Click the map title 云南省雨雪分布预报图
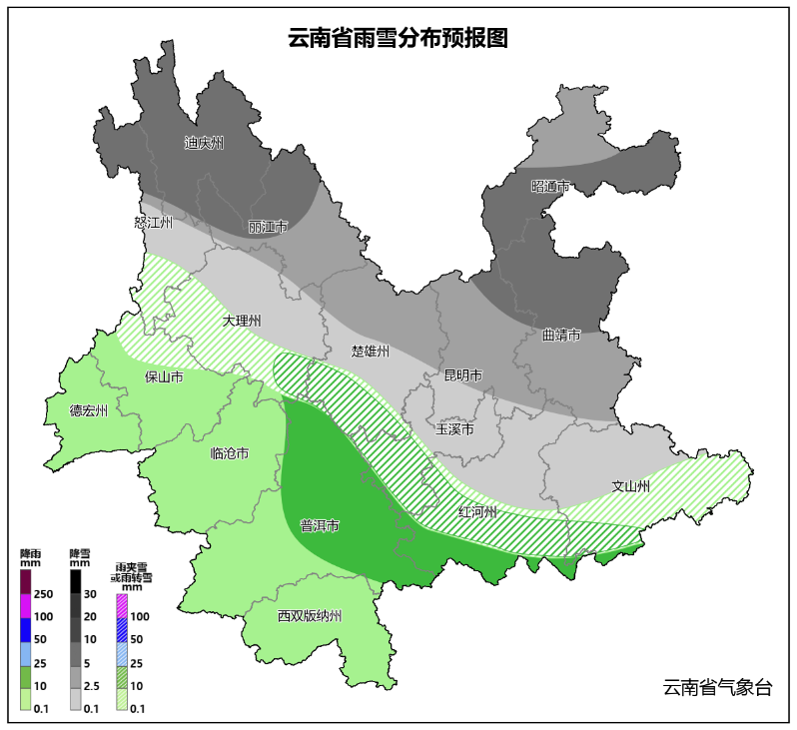[x=398, y=39]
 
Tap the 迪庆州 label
[x=204, y=143]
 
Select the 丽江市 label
[x=268, y=227]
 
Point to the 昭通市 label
[x=550, y=187]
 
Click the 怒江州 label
[x=153, y=223]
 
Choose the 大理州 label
[x=242, y=321]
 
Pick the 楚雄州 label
[x=370, y=352]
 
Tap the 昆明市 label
[x=462, y=375]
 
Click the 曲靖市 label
[x=561, y=336]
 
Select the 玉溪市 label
[x=454, y=429]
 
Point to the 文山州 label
[x=631, y=486]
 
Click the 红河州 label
[x=477, y=511]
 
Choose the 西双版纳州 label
[x=310, y=616]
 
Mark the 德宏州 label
[x=89, y=409]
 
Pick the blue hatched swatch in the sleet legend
[x=123, y=629]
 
